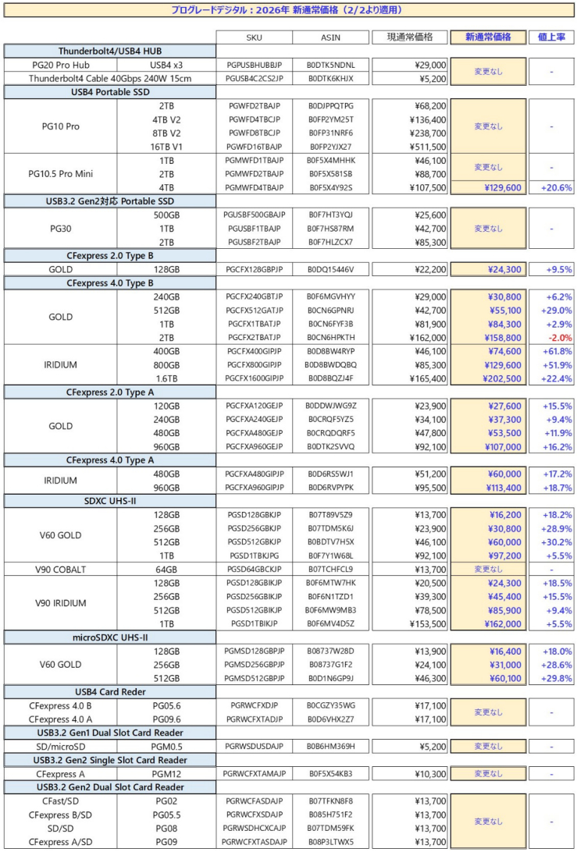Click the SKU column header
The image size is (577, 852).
260,37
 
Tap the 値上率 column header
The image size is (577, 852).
552,37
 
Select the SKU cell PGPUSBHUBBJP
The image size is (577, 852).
260,65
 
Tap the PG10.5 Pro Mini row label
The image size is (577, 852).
61,173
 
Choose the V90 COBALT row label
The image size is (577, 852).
61,569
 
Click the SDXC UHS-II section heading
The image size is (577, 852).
109,499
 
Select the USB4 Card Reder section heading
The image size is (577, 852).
109,690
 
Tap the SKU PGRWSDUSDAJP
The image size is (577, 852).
260,746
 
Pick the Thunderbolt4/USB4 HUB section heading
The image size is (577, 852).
109,51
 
